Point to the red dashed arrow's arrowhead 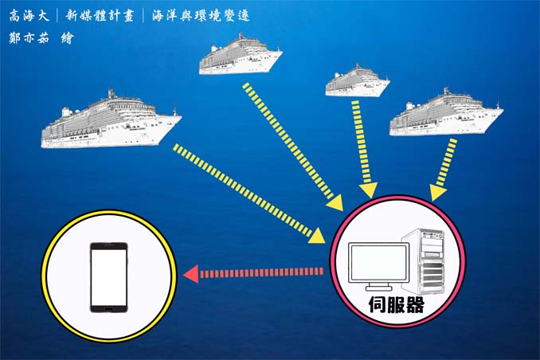tap(191, 275)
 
